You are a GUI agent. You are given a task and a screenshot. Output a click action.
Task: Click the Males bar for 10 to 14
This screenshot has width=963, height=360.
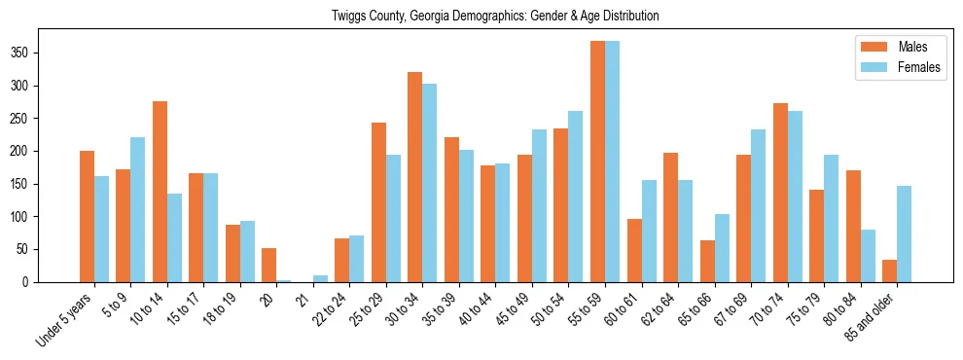tap(160, 192)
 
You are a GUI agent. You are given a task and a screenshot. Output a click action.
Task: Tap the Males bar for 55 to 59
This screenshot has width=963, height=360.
tap(597, 162)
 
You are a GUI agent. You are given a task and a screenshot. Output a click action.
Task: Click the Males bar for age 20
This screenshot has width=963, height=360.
tap(269, 265)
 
